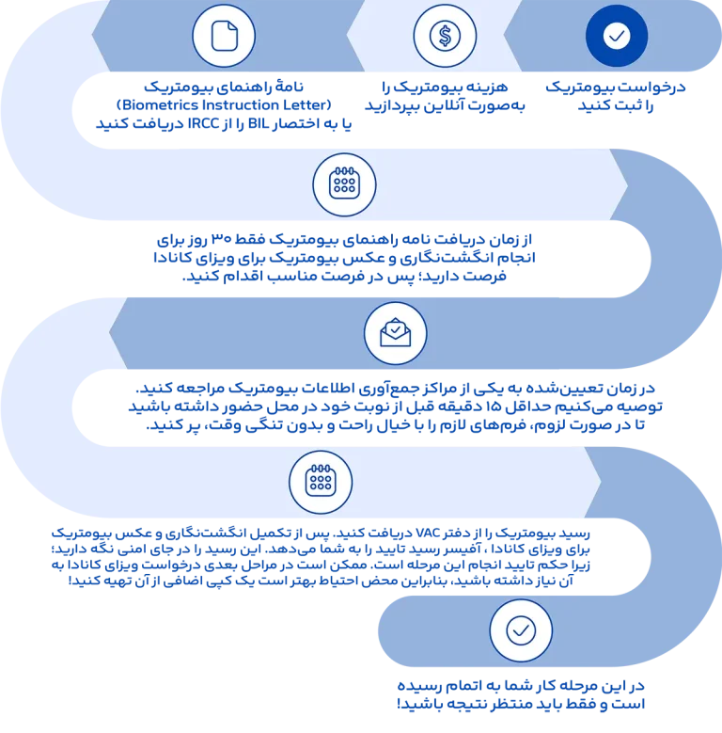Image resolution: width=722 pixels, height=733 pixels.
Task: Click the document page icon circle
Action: click(x=224, y=36)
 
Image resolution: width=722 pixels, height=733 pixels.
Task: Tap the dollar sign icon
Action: click(x=444, y=36)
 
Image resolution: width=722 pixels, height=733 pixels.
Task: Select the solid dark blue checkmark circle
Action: click(x=617, y=36)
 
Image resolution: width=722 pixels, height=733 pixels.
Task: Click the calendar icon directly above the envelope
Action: click(x=343, y=183)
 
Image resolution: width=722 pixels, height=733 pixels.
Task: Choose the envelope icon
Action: click(x=395, y=332)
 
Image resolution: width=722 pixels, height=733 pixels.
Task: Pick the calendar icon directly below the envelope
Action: click(x=320, y=482)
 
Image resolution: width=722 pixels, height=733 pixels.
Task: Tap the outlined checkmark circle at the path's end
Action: click(x=520, y=629)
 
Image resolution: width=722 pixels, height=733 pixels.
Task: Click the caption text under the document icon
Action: click(x=223, y=106)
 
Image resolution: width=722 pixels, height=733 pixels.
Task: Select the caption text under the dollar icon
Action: click(x=445, y=98)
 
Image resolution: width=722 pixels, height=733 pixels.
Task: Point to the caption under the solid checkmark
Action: click(x=617, y=98)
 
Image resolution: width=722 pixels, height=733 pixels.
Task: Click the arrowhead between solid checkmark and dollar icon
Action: click(x=510, y=37)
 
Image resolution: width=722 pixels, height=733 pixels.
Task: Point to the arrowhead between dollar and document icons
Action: click(x=353, y=37)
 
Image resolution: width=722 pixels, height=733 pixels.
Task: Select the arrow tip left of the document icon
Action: click(x=98, y=37)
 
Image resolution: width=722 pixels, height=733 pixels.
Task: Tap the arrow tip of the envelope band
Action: click(x=115, y=332)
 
